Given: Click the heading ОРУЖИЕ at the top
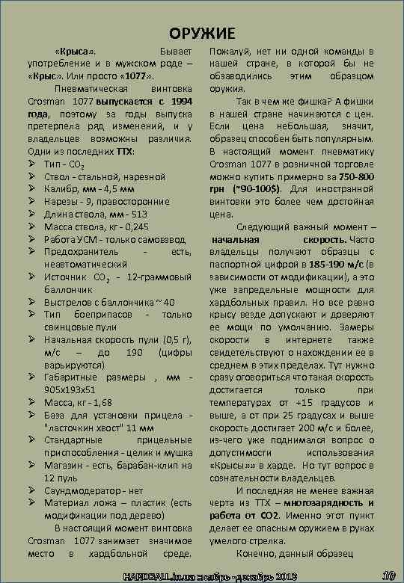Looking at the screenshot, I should coord(201,33).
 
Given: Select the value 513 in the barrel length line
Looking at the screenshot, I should coord(140,214).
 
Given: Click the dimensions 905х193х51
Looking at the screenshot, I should coord(70,389).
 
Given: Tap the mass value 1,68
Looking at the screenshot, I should coord(98,401).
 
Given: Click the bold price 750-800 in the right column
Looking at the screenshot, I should coord(355,176).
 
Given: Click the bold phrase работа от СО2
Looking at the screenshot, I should coord(245,516).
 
